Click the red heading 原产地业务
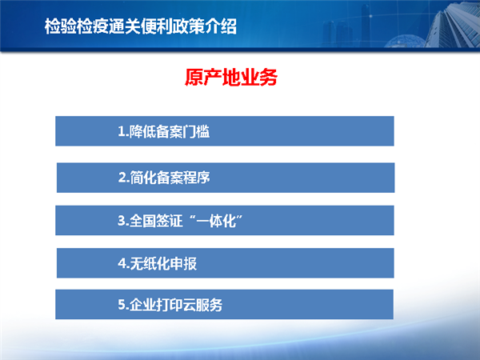231,77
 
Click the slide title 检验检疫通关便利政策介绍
141,26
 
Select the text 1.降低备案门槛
164,132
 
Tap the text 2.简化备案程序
164,178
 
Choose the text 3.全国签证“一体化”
180,221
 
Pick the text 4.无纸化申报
158,263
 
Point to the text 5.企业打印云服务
170,305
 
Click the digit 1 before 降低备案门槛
122,132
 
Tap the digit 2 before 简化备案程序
122,178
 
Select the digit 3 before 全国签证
122,221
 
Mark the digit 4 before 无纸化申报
122,263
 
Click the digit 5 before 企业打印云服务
122,305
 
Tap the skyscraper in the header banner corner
453,24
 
